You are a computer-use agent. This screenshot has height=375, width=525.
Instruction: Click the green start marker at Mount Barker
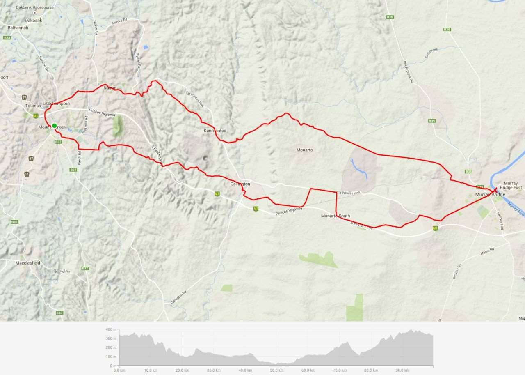(54, 126)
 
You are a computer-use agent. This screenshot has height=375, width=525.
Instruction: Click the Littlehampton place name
(56, 104)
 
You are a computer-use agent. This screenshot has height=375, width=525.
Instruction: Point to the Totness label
(33, 106)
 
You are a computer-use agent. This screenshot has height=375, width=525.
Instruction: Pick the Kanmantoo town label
(215, 131)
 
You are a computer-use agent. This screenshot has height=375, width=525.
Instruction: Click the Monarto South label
(336, 216)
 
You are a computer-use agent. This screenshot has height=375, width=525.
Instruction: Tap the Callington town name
(240, 184)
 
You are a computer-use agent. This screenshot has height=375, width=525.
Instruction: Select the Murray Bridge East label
(511, 185)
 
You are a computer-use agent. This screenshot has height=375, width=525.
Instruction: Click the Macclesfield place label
(28, 263)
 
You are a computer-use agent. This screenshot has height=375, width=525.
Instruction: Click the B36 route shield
(447, 30)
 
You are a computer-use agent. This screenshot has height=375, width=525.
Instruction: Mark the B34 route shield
(7, 38)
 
